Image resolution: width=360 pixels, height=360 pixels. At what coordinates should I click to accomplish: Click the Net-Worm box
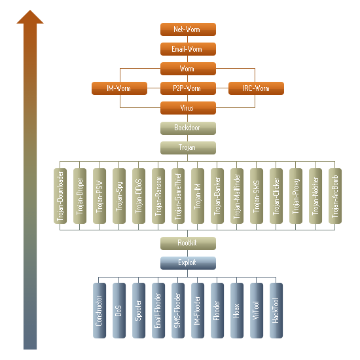point(188,29)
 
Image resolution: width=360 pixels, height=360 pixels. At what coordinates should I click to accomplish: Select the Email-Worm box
point(188,49)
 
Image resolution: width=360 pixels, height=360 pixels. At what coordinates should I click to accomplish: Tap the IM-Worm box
point(119,88)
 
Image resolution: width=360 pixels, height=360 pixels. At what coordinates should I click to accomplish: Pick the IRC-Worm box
point(256,88)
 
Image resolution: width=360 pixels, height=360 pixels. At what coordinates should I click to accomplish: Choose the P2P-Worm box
point(188,88)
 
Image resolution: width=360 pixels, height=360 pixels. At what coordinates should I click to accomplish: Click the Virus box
point(188,108)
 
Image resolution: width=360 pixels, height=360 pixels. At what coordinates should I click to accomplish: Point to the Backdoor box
point(188,128)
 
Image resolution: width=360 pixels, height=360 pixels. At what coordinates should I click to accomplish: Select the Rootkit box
point(188,243)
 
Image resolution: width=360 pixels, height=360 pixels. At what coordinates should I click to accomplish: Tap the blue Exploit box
point(188,263)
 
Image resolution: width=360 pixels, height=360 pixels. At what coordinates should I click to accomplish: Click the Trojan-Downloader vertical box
point(60,196)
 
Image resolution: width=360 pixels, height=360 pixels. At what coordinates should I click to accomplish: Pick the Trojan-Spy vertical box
point(119,196)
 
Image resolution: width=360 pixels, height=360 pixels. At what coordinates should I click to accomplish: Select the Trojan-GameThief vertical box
point(178,196)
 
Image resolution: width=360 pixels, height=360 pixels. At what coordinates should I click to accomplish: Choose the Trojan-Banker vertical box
point(217,196)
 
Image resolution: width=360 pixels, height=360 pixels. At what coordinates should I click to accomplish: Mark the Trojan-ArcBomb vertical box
point(335,196)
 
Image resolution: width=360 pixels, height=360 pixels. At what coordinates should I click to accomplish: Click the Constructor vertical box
point(99,310)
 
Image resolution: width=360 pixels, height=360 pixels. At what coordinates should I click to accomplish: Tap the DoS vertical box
point(119,310)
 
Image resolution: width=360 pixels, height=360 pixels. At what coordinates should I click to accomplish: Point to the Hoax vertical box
point(237,310)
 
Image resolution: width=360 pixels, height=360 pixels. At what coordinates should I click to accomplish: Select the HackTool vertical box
point(276,310)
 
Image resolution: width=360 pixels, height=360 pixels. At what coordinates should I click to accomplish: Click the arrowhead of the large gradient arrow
point(30,17)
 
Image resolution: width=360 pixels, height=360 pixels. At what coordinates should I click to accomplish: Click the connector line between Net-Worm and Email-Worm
point(188,39)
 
